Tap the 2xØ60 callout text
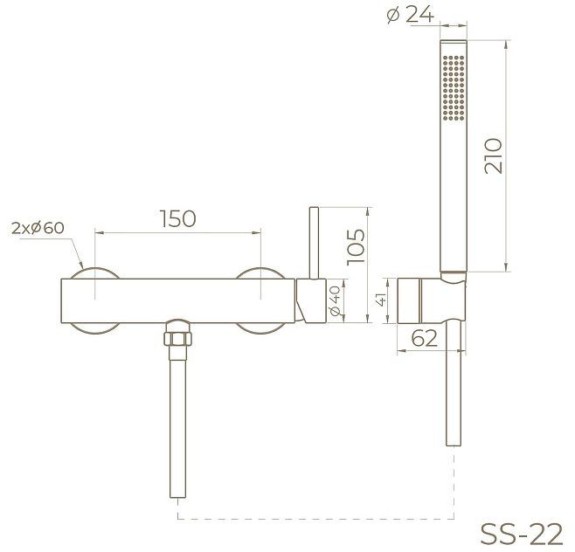coord(38,228)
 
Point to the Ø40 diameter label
coord(334,301)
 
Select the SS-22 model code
coord(521,532)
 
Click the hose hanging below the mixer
coord(177,419)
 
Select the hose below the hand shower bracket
coord(453,384)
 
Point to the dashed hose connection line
coord(315,519)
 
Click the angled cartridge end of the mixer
coord(308,302)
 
